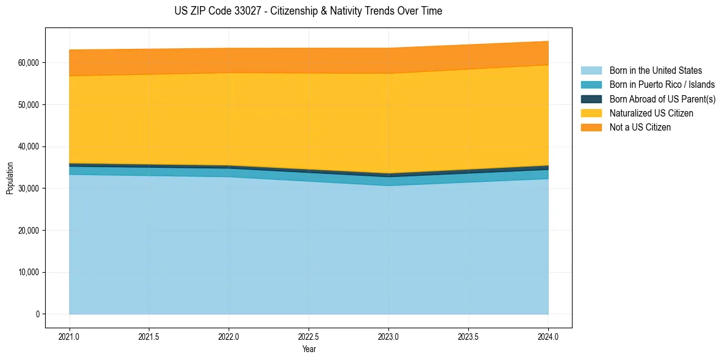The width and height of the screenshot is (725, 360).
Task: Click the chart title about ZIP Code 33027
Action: [x=308, y=11]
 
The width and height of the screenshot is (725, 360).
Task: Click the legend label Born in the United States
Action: [x=655, y=71]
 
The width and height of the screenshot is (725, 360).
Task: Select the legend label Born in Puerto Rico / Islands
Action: [x=662, y=85]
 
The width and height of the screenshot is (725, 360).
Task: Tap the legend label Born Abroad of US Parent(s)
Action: [x=662, y=99]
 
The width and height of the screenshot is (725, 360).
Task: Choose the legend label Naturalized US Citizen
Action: [x=651, y=113]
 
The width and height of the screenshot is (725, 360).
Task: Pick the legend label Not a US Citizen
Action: [x=640, y=128]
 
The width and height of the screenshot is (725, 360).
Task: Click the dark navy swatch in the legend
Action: [x=591, y=99]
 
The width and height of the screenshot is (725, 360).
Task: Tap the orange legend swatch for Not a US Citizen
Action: [x=591, y=128]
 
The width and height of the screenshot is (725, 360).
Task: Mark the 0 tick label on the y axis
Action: [x=37, y=314]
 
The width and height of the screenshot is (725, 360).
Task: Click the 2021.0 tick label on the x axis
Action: [x=70, y=336]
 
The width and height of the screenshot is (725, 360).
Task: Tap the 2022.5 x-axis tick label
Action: [x=309, y=336]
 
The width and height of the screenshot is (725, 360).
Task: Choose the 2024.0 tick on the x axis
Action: [x=548, y=336]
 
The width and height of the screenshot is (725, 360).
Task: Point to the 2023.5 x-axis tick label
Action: [x=468, y=336]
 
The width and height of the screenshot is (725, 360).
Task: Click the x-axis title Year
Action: [x=309, y=350]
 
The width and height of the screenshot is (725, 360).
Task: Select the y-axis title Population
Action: [x=10, y=178]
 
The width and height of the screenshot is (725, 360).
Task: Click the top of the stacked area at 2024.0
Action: [x=548, y=41]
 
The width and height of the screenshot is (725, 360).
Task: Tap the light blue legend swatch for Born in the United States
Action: [x=591, y=71]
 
